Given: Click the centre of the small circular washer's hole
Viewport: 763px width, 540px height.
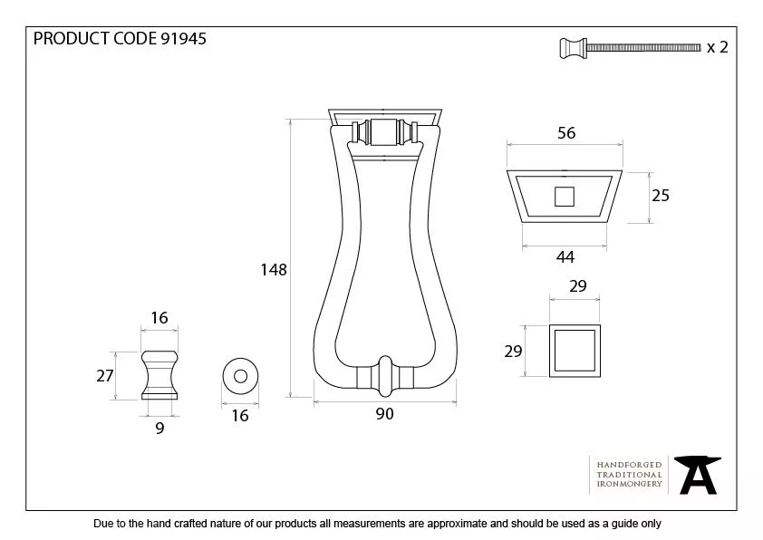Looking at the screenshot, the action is click(x=240, y=376).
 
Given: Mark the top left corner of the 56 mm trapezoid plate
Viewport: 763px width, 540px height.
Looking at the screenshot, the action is click(x=507, y=170).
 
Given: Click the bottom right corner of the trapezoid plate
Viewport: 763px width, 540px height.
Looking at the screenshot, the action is click(x=607, y=223).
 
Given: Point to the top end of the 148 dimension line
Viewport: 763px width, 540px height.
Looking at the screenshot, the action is click(x=291, y=120).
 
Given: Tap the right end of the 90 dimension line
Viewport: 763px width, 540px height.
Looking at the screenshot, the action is click(x=456, y=402).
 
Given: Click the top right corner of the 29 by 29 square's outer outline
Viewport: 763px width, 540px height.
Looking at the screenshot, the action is click(x=600, y=325).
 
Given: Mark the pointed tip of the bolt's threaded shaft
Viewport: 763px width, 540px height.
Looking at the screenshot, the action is click(x=700, y=48).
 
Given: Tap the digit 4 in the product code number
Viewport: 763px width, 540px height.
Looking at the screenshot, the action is click(x=191, y=38).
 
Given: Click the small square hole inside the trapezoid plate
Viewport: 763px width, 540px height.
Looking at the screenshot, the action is click(x=565, y=197).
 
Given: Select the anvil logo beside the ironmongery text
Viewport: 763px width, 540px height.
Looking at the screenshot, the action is click(x=698, y=475).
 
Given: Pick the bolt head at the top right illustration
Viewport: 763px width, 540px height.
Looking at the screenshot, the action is click(x=574, y=48).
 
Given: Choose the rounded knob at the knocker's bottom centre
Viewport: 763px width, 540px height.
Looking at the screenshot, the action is click(x=385, y=376).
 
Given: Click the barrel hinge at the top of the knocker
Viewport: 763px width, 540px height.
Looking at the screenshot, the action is click(x=384, y=132).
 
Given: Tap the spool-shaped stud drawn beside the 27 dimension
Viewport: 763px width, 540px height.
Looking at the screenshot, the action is click(x=159, y=375).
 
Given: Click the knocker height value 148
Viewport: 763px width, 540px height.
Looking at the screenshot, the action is click(x=274, y=269).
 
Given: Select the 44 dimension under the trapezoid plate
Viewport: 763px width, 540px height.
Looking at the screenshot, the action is click(x=565, y=257).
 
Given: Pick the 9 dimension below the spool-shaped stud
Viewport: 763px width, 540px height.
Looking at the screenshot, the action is click(x=159, y=429).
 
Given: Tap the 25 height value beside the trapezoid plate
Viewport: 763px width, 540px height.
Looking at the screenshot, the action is click(x=661, y=196).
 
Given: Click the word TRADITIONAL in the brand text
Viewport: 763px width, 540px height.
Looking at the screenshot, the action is click(x=629, y=475).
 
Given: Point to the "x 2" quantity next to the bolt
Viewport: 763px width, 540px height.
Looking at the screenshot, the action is click(x=718, y=47).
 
